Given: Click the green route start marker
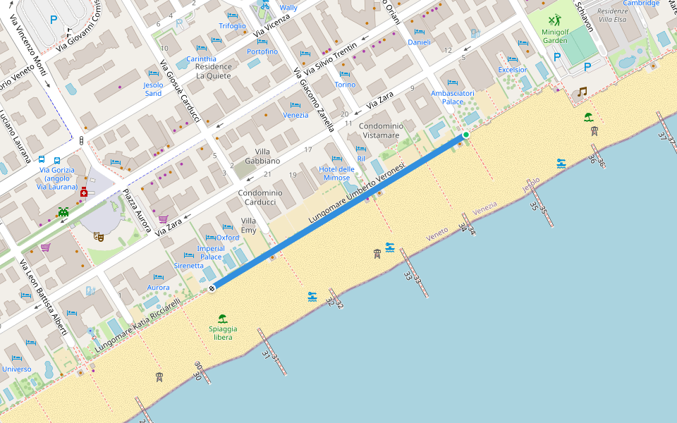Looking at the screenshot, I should coord(465,135).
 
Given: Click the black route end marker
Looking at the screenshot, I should coord(212,288).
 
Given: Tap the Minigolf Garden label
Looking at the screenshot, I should coord(554,35).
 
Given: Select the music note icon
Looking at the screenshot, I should coord(582,92).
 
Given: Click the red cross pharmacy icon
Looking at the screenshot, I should coord(84,192).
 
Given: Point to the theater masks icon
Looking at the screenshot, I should coord(99,238).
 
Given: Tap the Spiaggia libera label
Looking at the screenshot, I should coord(223,333).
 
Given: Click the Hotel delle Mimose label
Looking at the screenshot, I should coord(336,173).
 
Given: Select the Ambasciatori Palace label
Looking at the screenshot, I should coord(453,97).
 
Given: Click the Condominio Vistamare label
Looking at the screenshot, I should coord(381,130).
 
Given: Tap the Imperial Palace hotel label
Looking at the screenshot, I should coord(210,252).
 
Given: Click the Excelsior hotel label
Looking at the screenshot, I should coord(512,70).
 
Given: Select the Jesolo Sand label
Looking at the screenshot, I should coord(153,89).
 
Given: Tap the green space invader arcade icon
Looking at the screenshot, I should coord(64,211).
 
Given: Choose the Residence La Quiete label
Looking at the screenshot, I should coord(213,71).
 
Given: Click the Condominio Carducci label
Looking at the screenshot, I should coord(260,197).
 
